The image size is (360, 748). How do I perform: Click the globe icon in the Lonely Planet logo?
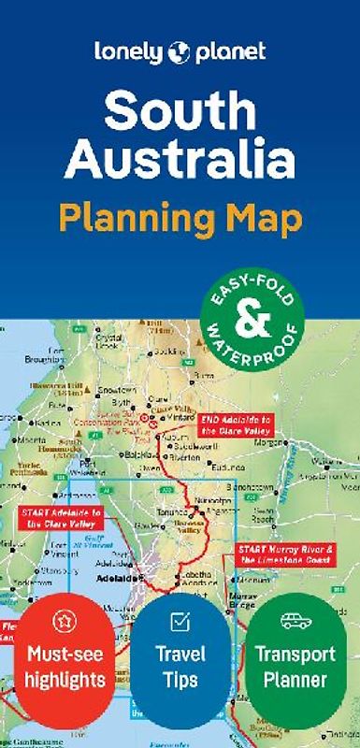click(x=179, y=53)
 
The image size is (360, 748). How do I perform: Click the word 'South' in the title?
click(x=180, y=112)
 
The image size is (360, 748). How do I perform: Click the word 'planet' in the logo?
click(x=231, y=53)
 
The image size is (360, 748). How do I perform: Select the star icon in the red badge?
click(x=65, y=620)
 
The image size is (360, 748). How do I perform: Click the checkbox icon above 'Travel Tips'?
click(x=180, y=620)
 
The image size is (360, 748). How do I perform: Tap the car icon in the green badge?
click(x=294, y=620)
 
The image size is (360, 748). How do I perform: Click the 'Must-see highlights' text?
click(x=65, y=665)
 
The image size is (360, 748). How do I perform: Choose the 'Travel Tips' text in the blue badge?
click(x=180, y=665)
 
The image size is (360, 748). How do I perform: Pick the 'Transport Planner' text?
click(x=294, y=665)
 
